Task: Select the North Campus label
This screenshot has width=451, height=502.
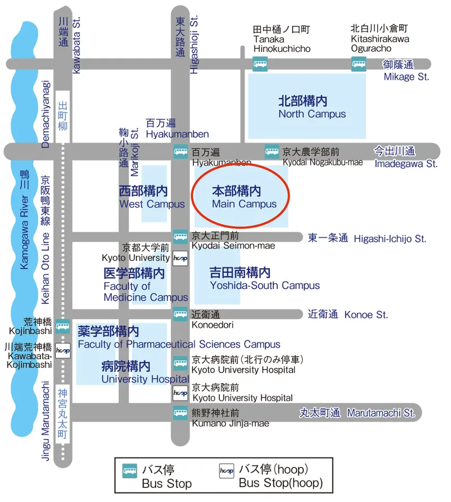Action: click(x=312, y=107)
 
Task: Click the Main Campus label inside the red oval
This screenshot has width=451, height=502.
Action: click(x=244, y=197)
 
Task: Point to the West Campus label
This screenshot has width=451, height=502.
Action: click(x=152, y=197)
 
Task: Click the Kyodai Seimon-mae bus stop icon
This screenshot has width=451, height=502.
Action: click(x=180, y=237)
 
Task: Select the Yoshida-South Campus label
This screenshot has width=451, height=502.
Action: click(x=264, y=279)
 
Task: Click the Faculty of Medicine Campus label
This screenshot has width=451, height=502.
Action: click(x=145, y=285)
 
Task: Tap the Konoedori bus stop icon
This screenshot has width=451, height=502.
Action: click(x=180, y=314)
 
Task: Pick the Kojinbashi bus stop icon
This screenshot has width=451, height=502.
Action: click(x=63, y=326)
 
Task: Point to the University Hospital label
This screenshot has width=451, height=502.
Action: click(x=144, y=372)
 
